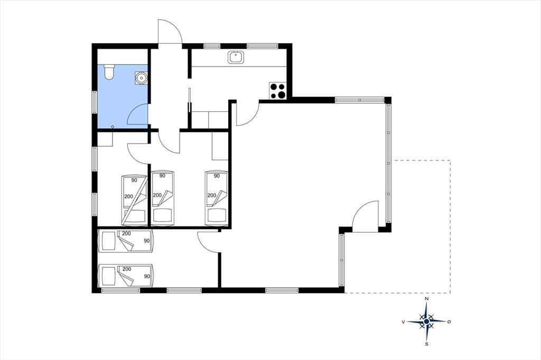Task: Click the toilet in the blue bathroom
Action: [x=109, y=72]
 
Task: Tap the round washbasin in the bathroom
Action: [x=141, y=78]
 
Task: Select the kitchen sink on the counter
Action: [x=236, y=57]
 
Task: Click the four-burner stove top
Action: [x=278, y=91]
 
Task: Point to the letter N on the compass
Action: [x=427, y=299]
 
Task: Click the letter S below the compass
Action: [x=427, y=344]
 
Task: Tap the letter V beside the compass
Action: [x=403, y=321]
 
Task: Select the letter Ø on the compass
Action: [x=449, y=321]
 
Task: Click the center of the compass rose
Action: [x=427, y=321]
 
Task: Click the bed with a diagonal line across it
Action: [x=134, y=200]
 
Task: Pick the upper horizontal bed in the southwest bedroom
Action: [x=126, y=240]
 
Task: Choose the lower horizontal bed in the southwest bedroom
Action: [x=126, y=276]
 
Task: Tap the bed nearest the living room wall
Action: [x=217, y=198]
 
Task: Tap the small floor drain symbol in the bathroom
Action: [x=113, y=127]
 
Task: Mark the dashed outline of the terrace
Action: [x=450, y=226]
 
